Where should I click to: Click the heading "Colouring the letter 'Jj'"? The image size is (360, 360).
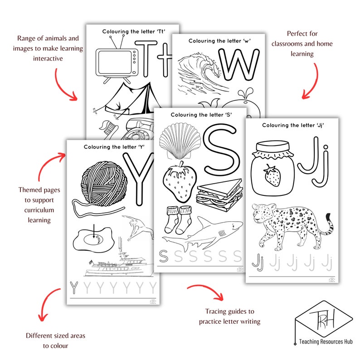[292, 124]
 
